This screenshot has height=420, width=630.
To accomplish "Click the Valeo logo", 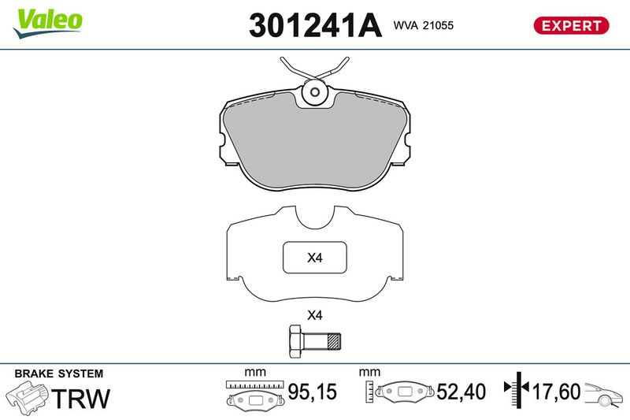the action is pos(47,23).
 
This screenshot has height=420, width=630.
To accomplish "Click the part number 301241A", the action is pos(315,25).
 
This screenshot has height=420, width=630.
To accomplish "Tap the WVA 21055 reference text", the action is pos(424,25).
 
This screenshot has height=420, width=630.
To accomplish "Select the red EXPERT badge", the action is pos(571,25).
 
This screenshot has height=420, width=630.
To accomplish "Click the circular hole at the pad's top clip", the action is pos(315,92).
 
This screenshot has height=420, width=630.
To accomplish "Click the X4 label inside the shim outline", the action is pos(314,257).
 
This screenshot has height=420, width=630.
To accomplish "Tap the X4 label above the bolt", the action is pos(314,315).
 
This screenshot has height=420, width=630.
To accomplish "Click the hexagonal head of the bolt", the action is pos(297,341).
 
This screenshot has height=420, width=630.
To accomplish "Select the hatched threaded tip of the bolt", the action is pos(334,342).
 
